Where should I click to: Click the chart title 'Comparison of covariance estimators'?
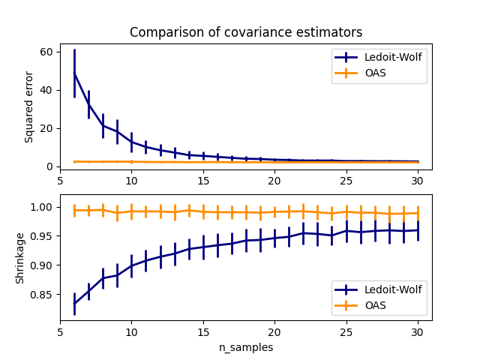(x=246, y=32)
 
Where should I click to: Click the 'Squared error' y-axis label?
(x=29, y=107)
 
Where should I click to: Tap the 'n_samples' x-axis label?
(x=246, y=347)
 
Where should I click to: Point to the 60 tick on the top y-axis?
(x=46, y=52)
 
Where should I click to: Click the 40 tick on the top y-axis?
(x=46, y=90)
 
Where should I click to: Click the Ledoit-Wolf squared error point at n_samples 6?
(x=74, y=73)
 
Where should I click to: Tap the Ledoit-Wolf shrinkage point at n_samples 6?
(x=74, y=303)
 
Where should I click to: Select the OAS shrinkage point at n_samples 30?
(x=418, y=213)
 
